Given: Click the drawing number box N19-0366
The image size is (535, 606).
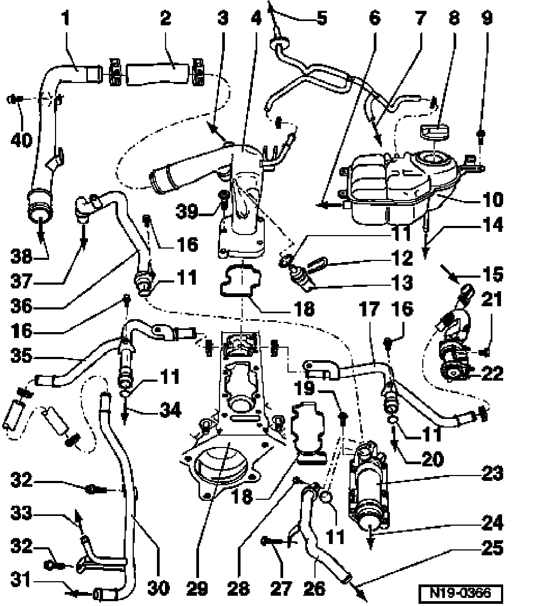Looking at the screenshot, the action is tap(461, 593).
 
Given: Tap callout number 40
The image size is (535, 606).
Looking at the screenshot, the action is tap(22, 140).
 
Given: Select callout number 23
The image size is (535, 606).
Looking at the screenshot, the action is tap(492, 473).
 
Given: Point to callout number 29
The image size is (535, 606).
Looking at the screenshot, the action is tap(197, 588).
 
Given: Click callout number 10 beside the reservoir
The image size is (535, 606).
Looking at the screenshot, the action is tap(492, 200).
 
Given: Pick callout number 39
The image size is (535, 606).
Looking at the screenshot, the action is tap(187, 211).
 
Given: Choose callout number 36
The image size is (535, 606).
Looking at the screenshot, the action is tap(21, 306).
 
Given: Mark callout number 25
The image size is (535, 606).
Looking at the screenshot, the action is tap(492, 548).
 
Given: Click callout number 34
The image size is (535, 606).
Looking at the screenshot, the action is tap(170, 410).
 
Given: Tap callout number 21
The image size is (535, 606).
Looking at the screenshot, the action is tap(491, 300).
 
